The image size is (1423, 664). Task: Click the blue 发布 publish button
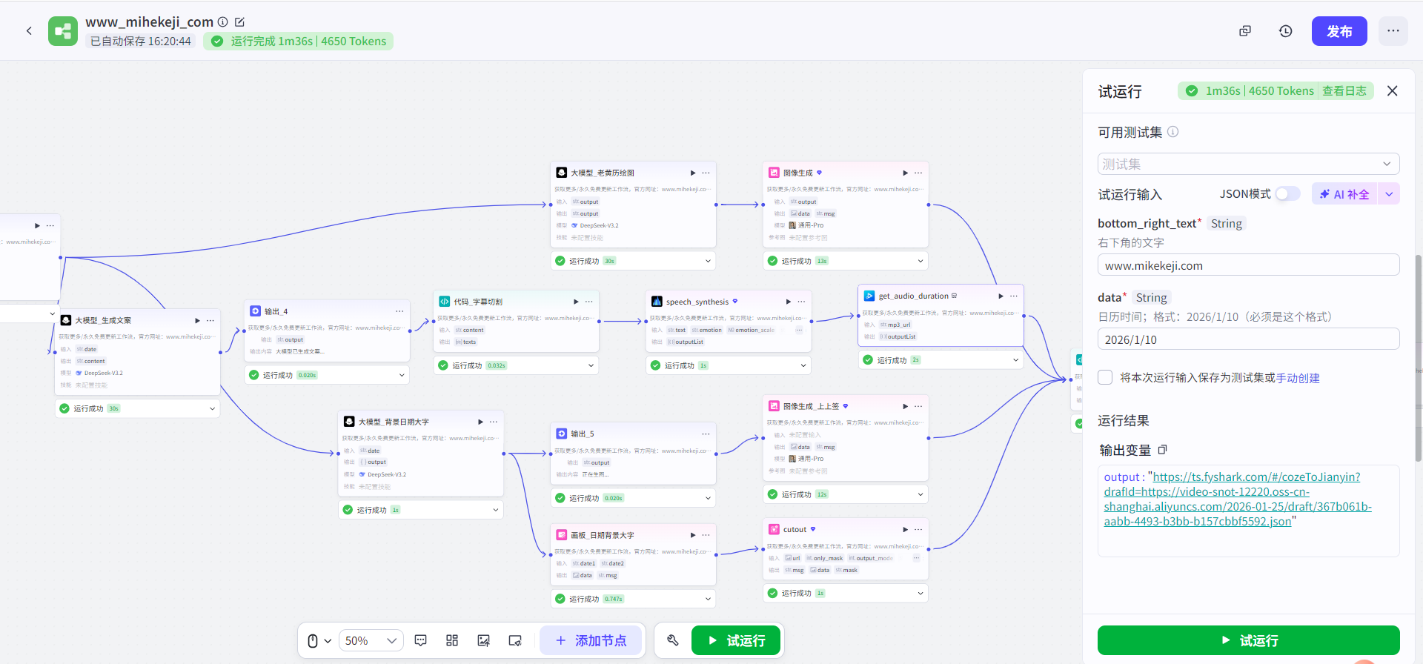click(x=1339, y=31)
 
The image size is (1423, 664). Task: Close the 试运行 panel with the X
click(x=1392, y=90)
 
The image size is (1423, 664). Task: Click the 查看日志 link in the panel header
click(x=1344, y=90)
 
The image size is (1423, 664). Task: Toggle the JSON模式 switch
click(x=1287, y=193)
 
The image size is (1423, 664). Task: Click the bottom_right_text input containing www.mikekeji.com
click(x=1248, y=265)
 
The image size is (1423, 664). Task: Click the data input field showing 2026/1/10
click(x=1248, y=339)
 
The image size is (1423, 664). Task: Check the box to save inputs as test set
click(x=1105, y=377)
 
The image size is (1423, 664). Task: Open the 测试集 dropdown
click(x=1248, y=164)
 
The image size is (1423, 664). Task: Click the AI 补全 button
click(x=1344, y=194)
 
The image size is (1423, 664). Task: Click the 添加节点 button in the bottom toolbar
click(x=591, y=640)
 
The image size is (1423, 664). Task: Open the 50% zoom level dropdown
click(x=371, y=640)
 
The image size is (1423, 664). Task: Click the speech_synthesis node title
click(x=697, y=302)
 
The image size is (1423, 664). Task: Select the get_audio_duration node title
click(x=913, y=296)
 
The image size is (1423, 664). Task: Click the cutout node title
click(x=795, y=529)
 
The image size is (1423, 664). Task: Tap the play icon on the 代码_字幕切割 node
click(x=576, y=302)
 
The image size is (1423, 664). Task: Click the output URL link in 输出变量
click(x=1237, y=499)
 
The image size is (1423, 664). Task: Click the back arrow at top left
click(x=29, y=31)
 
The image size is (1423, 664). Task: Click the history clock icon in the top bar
click(x=1285, y=31)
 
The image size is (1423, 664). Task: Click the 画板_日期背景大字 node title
click(x=602, y=535)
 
